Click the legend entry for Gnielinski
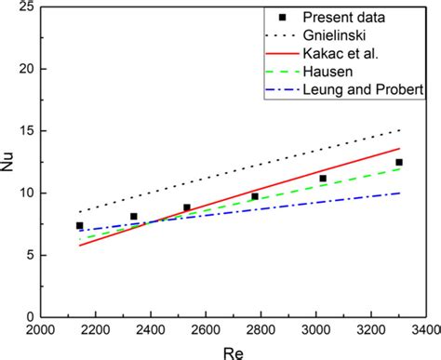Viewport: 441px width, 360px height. [x=340, y=34]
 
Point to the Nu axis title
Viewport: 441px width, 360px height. [x=11, y=162]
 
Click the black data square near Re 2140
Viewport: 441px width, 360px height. [x=80, y=225]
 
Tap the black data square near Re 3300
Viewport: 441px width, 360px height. [x=399, y=162]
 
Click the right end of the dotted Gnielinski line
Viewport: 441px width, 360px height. [x=400, y=129]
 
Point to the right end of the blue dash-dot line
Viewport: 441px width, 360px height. [x=400, y=193]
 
